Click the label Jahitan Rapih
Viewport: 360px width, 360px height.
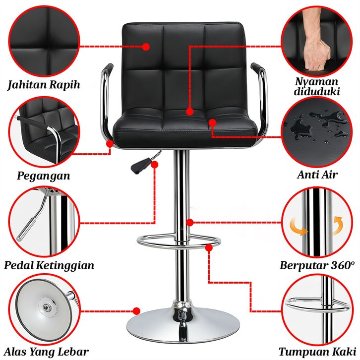point(44,84)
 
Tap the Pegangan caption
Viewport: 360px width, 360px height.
point(44,176)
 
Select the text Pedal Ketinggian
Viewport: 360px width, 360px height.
point(49,265)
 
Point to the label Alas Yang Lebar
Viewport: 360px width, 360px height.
point(47,352)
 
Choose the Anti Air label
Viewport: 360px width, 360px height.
point(317,175)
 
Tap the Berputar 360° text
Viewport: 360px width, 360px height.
point(317,265)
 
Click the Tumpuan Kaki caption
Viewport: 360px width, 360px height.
point(317,352)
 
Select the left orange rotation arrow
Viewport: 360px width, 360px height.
point(298,227)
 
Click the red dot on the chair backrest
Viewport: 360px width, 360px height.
point(146,47)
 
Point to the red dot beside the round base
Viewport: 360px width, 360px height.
point(136,311)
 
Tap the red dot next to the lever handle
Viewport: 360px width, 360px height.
point(155,165)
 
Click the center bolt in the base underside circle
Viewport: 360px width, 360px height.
point(47,307)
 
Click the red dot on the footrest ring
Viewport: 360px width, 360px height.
point(209,248)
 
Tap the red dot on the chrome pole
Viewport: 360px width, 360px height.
point(190,222)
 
